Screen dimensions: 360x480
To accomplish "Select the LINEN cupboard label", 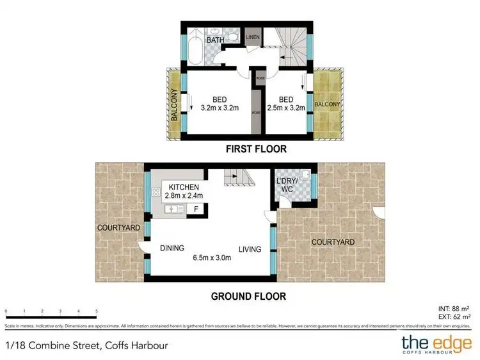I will (x=253, y=37).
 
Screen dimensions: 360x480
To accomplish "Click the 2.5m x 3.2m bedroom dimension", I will (x=286, y=108).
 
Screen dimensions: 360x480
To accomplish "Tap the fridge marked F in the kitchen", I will (x=196, y=209).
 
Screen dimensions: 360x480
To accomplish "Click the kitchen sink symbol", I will (x=173, y=209).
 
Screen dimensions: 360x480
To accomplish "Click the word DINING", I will (x=172, y=249).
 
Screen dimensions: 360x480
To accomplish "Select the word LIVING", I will (x=250, y=249).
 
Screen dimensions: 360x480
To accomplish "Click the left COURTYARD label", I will (x=115, y=227).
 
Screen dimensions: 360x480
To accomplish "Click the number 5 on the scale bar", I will (x=96, y=311).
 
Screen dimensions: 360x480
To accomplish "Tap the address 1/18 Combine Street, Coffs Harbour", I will (x=87, y=346).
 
